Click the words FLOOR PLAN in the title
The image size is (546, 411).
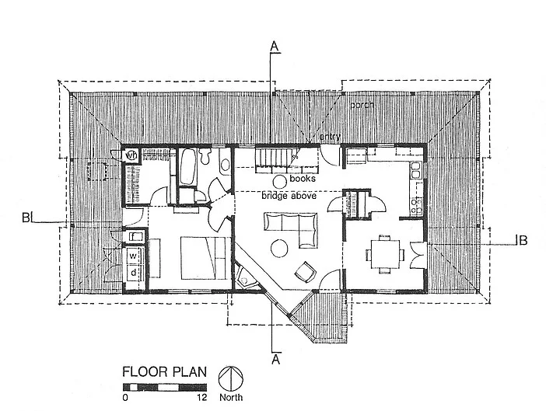[x=164, y=371]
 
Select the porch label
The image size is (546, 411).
[x=362, y=105]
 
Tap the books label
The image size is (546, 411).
[x=301, y=178]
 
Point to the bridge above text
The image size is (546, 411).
[x=289, y=197]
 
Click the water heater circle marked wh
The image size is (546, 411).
[x=131, y=154]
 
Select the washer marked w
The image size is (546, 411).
[x=133, y=255]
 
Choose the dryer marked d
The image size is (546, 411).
[x=133, y=272]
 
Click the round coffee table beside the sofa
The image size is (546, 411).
[x=278, y=249]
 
